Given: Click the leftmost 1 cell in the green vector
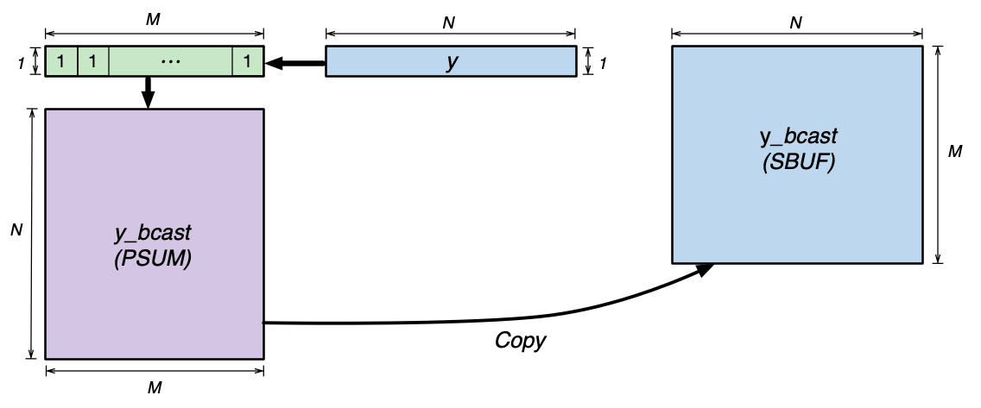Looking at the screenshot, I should click(x=61, y=62).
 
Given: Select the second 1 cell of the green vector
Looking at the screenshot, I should click(x=93, y=62).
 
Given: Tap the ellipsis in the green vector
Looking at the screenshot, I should click(x=171, y=62).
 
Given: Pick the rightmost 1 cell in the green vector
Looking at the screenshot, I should click(x=248, y=62).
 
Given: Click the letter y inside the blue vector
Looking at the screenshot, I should click(x=451, y=63).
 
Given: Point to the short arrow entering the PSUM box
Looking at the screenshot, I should click(x=148, y=91).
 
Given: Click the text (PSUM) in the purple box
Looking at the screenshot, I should click(x=153, y=255).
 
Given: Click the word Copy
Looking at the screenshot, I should click(x=520, y=341).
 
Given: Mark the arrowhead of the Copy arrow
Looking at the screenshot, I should click(x=706, y=269).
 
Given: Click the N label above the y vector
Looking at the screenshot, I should click(x=449, y=23).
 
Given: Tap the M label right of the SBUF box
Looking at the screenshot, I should click(x=955, y=152).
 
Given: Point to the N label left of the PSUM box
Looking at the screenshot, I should click(x=16, y=232).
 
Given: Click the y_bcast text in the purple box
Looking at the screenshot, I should click(x=153, y=233).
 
